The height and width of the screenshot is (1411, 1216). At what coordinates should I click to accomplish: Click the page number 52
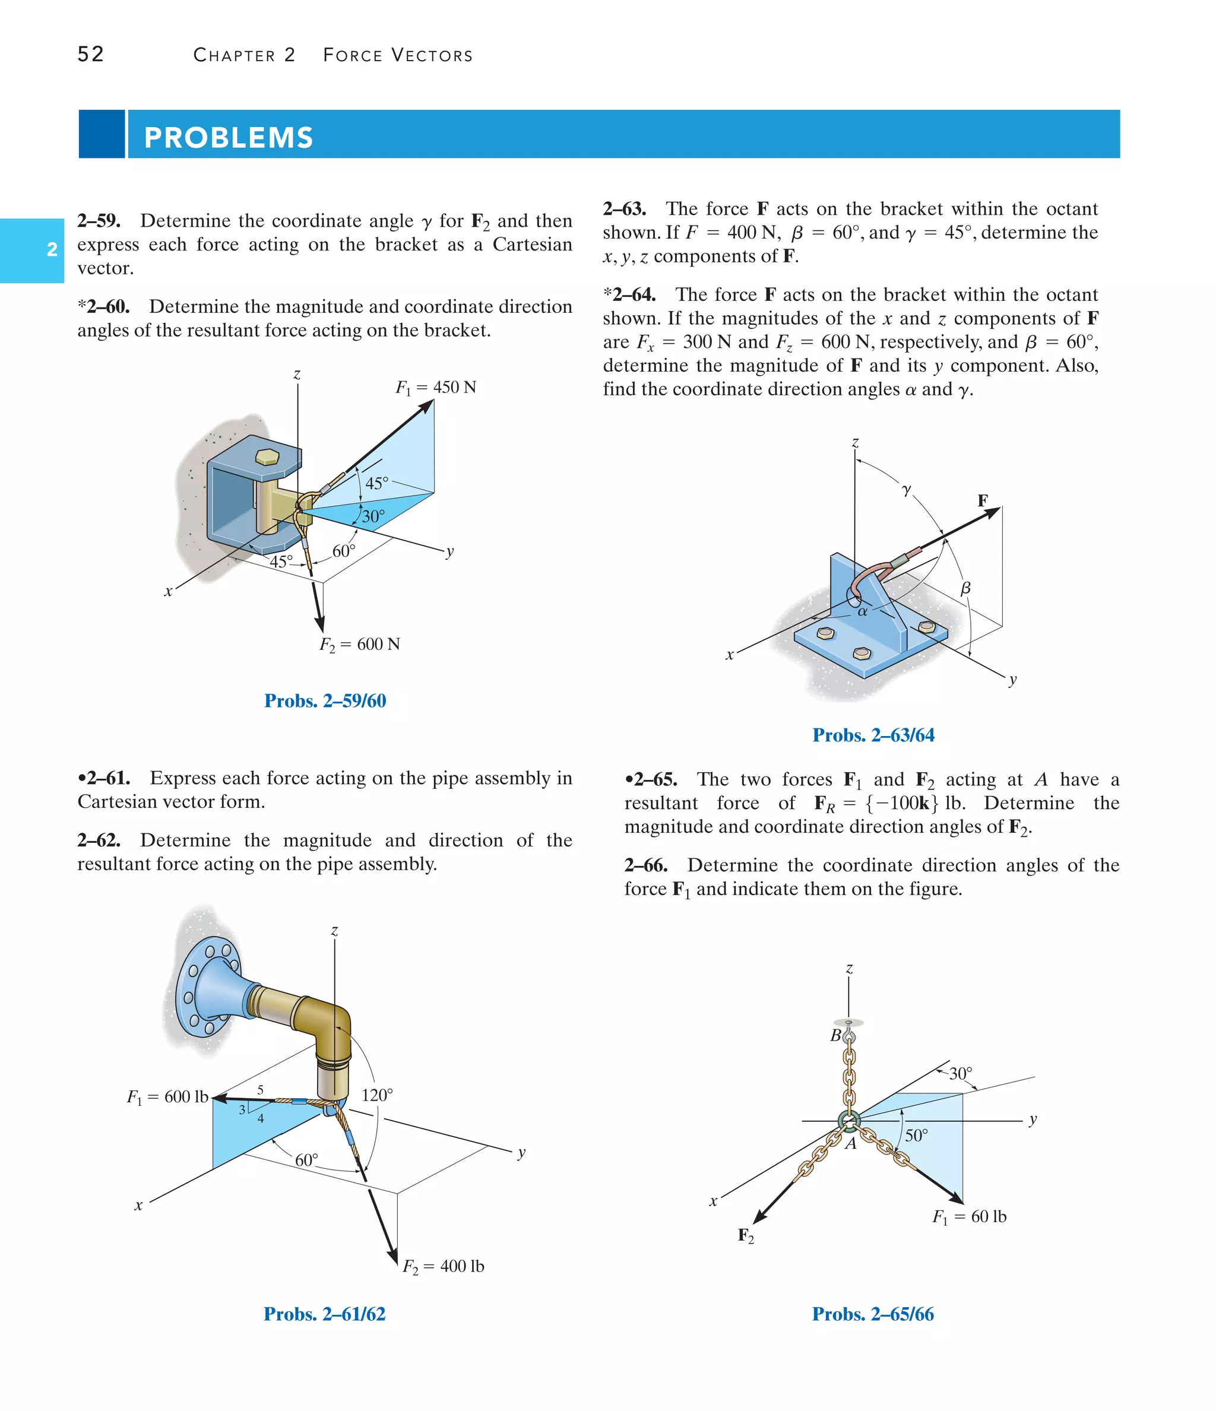pyautogui.click(x=91, y=54)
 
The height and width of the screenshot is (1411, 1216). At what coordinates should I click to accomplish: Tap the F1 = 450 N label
pyautogui.click(x=435, y=388)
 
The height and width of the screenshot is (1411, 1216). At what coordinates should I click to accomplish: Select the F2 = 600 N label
pyautogui.click(x=360, y=644)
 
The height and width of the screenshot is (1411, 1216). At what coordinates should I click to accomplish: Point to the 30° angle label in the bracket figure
pyautogui.click(x=373, y=516)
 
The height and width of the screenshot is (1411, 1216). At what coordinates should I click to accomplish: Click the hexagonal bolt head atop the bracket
pyautogui.click(x=267, y=456)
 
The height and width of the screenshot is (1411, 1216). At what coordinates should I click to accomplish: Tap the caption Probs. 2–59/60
pyautogui.click(x=325, y=700)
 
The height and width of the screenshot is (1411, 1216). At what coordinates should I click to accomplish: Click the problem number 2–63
pyautogui.click(x=624, y=208)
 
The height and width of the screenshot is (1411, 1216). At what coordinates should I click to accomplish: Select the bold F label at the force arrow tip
pyautogui.click(x=982, y=500)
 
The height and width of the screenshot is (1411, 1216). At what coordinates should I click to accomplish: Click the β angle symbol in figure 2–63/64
pyautogui.click(x=965, y=588)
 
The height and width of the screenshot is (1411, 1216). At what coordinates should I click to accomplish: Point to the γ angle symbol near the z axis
pyautogui.click(x=906, y=489)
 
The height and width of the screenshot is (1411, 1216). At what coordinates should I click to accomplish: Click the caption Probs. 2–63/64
pyautogui.click(x=873, y=735)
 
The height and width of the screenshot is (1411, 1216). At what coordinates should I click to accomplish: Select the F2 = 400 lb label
pyautogui.click(x=443, y=1266)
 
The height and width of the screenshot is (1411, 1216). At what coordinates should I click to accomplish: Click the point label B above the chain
pyautogui.click(x=835, y=1036)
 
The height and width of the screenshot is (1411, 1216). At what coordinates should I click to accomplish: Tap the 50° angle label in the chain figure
pyautogui.click(x=916, y=1135)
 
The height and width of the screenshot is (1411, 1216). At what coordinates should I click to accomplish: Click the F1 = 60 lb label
pyautogui.click(x=969, y=1217)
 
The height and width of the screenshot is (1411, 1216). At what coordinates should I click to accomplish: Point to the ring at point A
pyautogui.click(x=849, y=1120)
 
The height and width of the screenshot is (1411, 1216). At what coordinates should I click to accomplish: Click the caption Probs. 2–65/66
pyautogui.click(x=873, y=1314)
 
